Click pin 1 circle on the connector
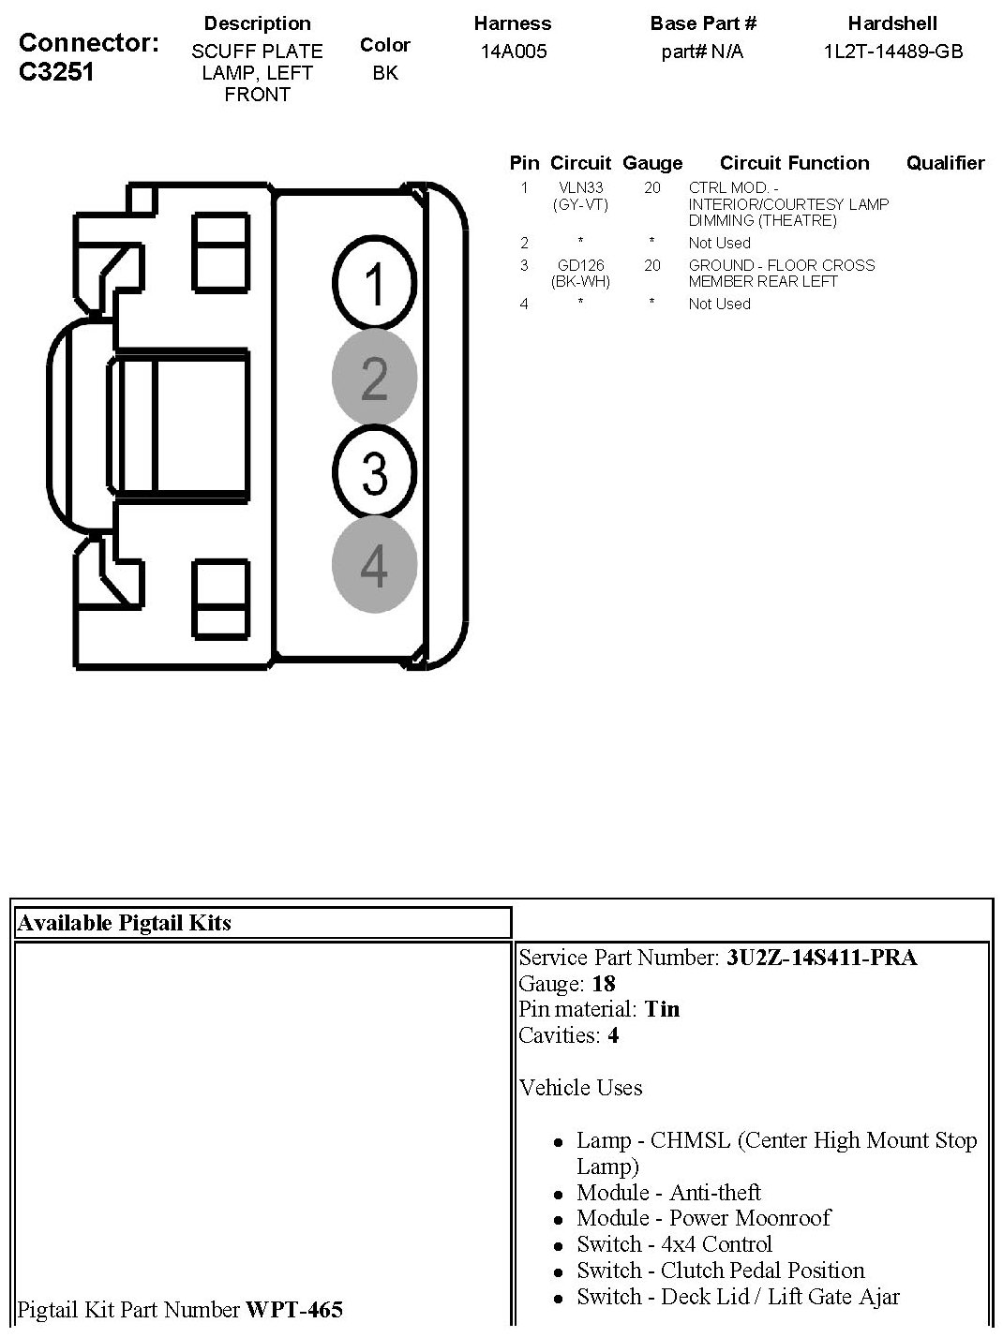pyautogui.click(x=374, y=284)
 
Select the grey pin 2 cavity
pyautogui.click(x=374, y=378)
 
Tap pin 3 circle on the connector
pyautogui.click(x=374, y=471)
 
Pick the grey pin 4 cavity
pyautogui.click(x=374, y=565)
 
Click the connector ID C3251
pyautogui.click(x=56, y=71)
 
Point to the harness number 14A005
pyautogui.click(x=513, y=52)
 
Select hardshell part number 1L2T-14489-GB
pyautogui.click(x=892, y=52)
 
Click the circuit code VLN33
pyautogui.click(x=581, y=187)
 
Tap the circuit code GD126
pyautogui.click(x=581, y=265)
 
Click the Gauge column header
pyautogui.click(x=652, y=163)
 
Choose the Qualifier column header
pyautogui.click(x=945, y=163)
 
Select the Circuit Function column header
pyautogui.click(x=794, y=163)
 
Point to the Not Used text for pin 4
pyautogui.click(x=719, y=304)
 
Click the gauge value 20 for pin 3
pyautogui.click(x=652, y=265)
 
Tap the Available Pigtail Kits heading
pyautogui.click(x=124, y=923)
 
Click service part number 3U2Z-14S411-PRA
pyautogui.click(x=821, y=958)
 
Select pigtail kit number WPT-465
pyautogui.click(x=294, y=1309)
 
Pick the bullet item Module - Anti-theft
pyautogui.click(x=668, y=1193)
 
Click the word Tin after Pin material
pyautogui.click(x=662, y=1009)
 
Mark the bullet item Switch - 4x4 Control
pyautogui.click(x=674, y=1244)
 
